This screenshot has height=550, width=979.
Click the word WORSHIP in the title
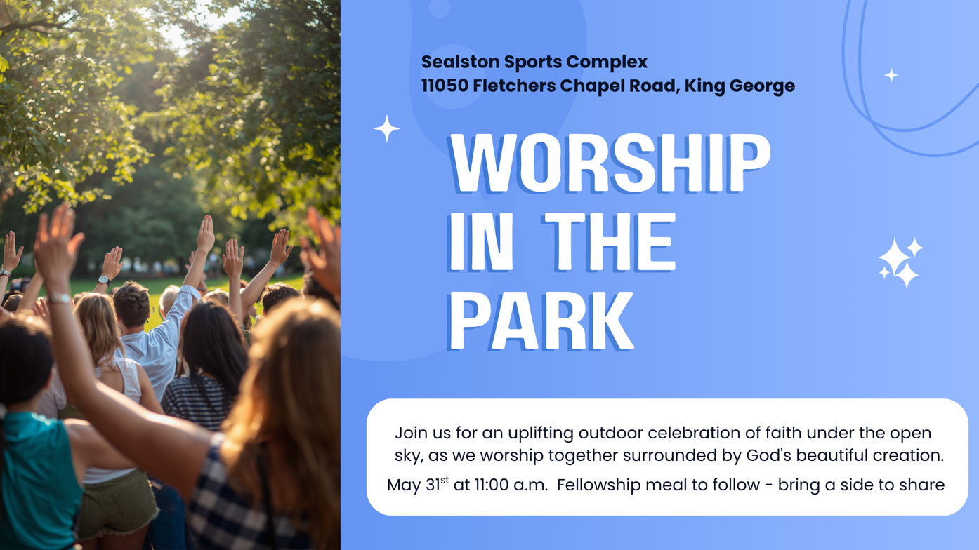pyautogui.click(x=609, y=163)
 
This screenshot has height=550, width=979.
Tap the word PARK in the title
pyautogui.click(x=541, y=321)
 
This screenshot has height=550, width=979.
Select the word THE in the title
pyautogui.click(x=608, y=242)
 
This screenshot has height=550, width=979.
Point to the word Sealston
pyautogui.click(x=461, y=62)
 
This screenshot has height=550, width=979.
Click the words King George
pyautogui.click(x=740, y=86)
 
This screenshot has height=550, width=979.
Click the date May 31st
pyautogui.click(x=418, y=485)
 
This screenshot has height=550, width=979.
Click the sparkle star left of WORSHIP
pyautogui.click(x=387, y=128)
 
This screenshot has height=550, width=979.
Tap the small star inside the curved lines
pyautogui.click(x=891, y=75)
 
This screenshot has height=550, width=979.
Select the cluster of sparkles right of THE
pyautogui.click(x=901, y=263)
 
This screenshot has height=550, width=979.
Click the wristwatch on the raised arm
pyautogui.click(x=103, y=280)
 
